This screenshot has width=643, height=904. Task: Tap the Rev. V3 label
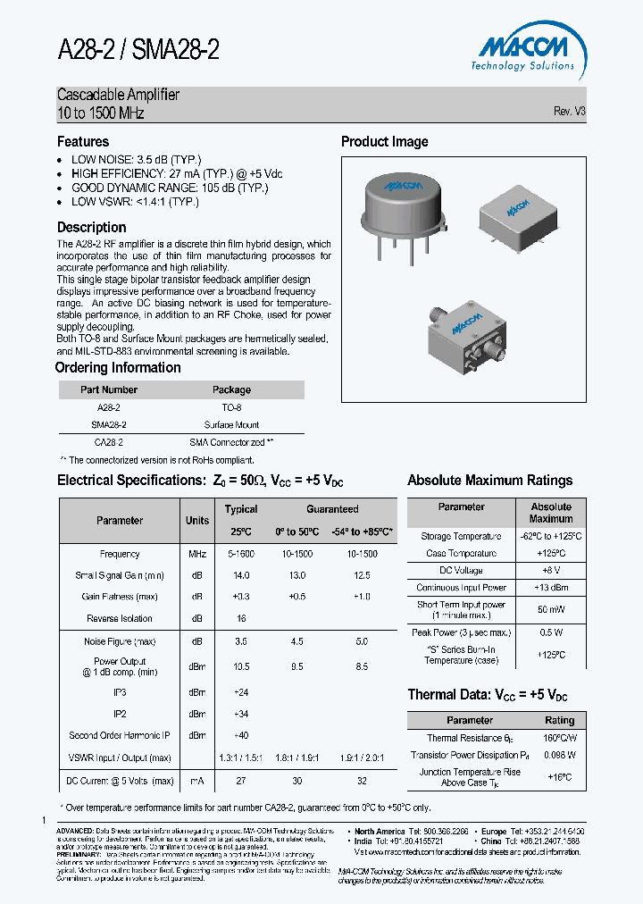pos(569,112)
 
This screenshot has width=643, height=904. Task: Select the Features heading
pos(83,141)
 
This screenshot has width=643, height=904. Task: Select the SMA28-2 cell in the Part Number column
pos(109,425)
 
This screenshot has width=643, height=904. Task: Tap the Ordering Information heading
pos(118,368)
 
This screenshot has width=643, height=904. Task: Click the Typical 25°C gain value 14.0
pos(241,575)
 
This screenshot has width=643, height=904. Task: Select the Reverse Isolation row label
pos(120,618)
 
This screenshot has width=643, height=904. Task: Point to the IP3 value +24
pos(241,692)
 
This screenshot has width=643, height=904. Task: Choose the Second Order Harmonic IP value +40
pos(241,735)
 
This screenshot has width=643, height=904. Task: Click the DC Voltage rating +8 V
pos(550,570)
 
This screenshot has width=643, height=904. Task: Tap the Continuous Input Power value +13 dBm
pos(550,588)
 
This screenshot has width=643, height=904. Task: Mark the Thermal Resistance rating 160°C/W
pos(559,738)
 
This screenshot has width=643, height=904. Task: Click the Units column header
pos(197,520)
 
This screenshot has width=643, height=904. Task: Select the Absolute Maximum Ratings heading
pos(489,481)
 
